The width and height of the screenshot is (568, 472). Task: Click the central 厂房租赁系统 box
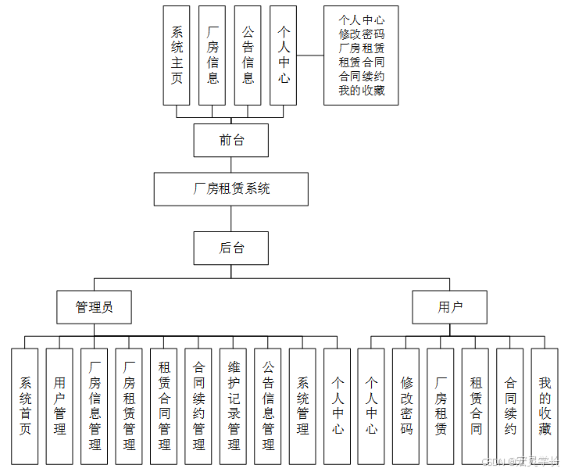(x=230, y=188)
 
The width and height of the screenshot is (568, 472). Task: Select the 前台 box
(x=230, y=141)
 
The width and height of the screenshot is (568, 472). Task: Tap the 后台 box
(x=230, y=248)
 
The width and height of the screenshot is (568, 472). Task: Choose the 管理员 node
(x=94, y=307)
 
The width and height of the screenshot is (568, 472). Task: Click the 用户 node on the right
(x=449, y=307)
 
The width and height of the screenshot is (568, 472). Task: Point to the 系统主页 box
(x=177, y=55)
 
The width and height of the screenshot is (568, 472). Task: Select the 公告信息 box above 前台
(x=248, y=55)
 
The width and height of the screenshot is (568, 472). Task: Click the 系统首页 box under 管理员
(x=25, y=406)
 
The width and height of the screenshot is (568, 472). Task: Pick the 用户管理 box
(x=59, y=406)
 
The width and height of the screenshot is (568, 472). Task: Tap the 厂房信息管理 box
(x=95, y=406)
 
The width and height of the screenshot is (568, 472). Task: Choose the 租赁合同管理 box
(x=164, y=406)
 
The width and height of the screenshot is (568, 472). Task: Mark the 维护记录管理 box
(x=234, y=406)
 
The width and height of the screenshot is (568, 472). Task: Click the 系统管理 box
(x=302, y=406)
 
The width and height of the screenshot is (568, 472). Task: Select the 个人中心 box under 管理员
(x=338, y=406)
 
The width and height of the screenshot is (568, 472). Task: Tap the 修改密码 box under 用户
(x=406, y=406)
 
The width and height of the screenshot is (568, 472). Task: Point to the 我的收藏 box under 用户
(x=545, y=406)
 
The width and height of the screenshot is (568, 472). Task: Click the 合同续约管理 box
(x=198, y=406)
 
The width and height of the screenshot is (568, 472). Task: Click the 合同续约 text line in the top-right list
(x=362, y=77)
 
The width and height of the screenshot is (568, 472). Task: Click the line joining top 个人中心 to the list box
(x=310, y=55)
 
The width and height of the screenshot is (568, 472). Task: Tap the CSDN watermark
(x=521, y=462)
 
